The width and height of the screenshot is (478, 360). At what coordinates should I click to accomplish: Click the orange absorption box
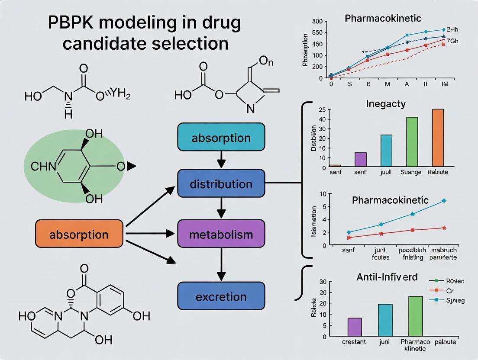(79, 234)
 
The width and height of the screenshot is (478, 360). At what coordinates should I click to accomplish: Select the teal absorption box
(221, 138)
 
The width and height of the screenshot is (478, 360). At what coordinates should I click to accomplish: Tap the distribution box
(221, 184)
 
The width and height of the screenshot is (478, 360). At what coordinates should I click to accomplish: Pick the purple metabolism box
(221, 235)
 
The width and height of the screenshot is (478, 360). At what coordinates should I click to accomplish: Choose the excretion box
(221, 297)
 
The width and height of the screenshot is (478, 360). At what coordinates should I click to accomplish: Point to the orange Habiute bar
(438, 138)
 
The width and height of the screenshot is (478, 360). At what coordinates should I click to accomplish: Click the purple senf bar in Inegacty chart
(360, 159)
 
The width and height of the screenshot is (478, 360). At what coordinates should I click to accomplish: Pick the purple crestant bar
(355, 327)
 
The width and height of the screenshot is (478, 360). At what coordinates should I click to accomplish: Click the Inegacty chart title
(386, 104)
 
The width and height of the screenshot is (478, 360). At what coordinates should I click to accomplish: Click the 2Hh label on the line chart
(452, 29)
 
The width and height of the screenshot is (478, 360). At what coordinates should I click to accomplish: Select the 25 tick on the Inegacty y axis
(321, 109)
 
